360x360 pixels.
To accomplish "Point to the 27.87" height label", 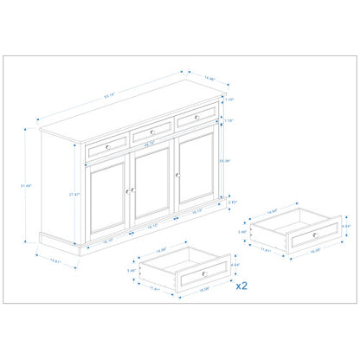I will pyautogui.click(x=76, y=195).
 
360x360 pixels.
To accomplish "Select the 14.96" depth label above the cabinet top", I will pyautogui.click(x=210, y=79).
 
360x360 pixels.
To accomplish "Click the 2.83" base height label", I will pyautogui.click(x=234, y=202).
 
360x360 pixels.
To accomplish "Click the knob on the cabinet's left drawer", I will pyautogui.click(x=107, y=147).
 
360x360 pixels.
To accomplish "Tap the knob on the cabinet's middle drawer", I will pyautogui.click(x=151, y=135).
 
